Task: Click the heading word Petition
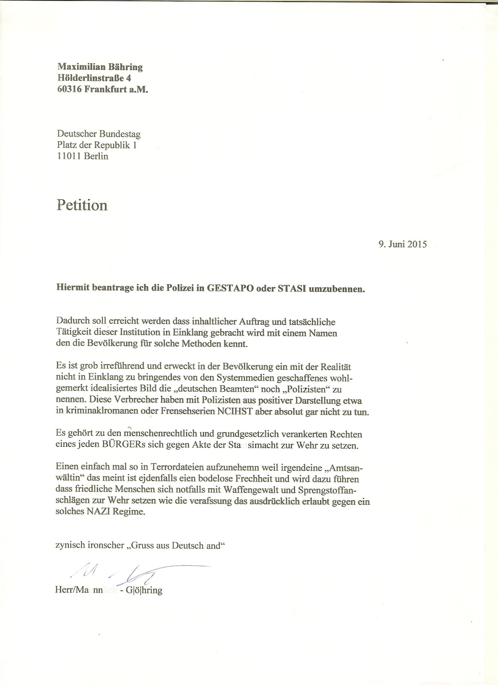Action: [82, 205]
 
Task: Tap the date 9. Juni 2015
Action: [402, 244]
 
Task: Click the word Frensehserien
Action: [188, 412]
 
